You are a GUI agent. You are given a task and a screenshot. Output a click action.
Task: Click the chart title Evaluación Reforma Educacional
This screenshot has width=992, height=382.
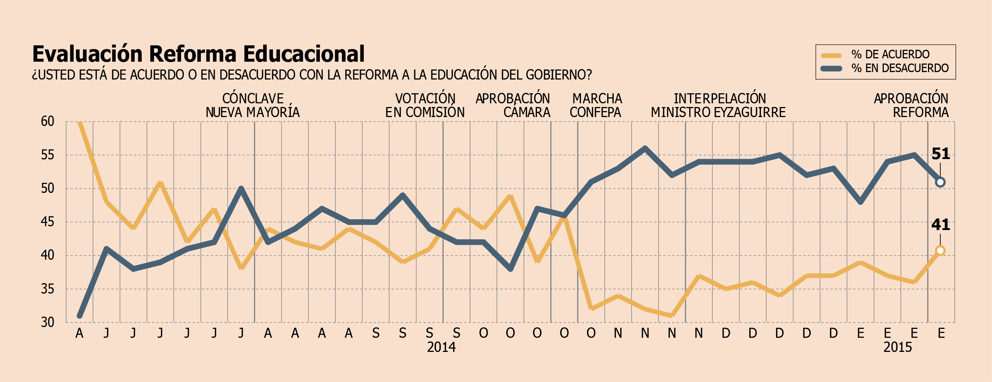198,54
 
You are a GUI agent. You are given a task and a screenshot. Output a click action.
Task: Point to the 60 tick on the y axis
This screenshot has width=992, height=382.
47,122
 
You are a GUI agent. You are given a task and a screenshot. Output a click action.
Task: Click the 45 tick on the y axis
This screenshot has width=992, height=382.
47,222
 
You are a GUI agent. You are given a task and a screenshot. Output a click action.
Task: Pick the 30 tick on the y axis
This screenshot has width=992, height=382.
47,323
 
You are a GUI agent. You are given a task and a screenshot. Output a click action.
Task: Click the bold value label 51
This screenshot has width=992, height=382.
941,154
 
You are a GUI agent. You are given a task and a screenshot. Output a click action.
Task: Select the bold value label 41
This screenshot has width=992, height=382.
941,225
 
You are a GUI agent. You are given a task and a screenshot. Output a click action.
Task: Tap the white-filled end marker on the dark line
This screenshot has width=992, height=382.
940,182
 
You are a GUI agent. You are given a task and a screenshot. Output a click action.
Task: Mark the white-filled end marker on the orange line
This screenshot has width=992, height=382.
940,250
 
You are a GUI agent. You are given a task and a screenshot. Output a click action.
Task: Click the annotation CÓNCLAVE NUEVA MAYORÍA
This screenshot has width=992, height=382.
253,106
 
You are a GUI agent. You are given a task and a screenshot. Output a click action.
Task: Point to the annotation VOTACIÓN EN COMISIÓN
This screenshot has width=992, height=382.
425,106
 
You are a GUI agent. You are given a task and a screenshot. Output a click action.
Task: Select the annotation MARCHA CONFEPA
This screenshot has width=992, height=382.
596,106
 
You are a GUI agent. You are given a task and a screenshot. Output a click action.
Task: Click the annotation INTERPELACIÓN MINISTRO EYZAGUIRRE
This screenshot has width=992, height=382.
719,106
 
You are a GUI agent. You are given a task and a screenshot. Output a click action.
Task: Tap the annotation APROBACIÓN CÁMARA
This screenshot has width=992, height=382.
513,106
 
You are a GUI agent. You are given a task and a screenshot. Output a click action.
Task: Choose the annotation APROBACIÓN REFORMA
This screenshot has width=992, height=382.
911,106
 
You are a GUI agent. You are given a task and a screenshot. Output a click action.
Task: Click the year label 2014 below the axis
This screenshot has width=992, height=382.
441,347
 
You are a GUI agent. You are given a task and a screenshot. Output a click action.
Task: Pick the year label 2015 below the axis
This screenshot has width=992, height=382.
898,347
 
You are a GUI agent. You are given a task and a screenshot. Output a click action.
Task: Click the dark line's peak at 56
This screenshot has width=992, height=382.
645,148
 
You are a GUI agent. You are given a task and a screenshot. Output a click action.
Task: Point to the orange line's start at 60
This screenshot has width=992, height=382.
80,122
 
